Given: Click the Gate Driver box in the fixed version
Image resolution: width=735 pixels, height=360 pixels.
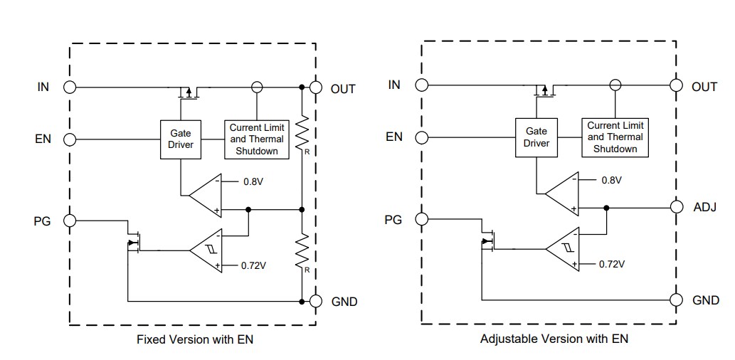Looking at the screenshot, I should pos(181,139).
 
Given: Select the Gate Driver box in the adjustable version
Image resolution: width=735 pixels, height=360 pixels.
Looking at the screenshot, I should pos(536,137).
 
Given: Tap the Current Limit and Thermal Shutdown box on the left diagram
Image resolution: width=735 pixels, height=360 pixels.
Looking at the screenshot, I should pos(257,139).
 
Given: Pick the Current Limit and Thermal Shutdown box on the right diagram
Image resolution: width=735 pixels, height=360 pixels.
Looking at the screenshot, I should pos(615,137).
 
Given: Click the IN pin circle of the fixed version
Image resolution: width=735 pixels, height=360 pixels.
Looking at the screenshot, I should pos(70,88).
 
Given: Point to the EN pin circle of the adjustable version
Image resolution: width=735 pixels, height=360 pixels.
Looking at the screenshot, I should pos(422,137).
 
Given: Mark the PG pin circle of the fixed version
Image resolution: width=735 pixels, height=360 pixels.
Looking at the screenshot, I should pos(70,221).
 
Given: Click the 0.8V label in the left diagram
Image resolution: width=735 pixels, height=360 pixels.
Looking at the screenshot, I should pos(253,181).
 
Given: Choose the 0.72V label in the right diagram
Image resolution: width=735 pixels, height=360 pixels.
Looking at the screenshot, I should pos(611,264).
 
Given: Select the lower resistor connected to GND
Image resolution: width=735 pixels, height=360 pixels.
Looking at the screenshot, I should pos(302,251).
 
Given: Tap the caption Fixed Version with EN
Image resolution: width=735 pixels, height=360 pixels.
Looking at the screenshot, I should pos(194,339).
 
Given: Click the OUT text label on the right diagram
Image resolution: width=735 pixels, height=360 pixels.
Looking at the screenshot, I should pos(704,87).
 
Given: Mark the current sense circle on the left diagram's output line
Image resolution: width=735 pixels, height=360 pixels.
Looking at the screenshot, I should pos(257,87).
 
